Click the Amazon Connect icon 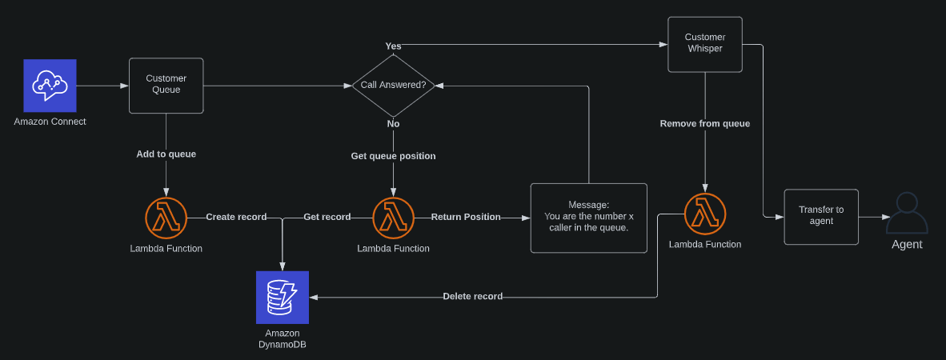click(x=50, y=86)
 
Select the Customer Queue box click(x=166, y=85)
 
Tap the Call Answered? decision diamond click(x=393, y=85)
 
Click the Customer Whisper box click(x=705, y=44)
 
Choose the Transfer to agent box click(x=821, y=217)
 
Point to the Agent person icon click(x=907, y=214)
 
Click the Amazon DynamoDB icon click(x=282, y=297)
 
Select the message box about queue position click(x=588, y=218)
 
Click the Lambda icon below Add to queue click(x=166, y=218)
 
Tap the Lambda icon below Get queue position click(x=393, y=218)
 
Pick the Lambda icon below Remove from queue click(x=705, y=214)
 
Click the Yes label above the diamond click(x=393, y=46)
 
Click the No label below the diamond click(x=393, y=124)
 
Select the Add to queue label click(x=166, y=154)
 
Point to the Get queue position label click(x=393, y=156)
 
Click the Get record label click(x=327, y=217)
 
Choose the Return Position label click(x=466, y=217)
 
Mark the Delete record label click(x=472, y=296)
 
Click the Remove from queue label click(x=705, y=123)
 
